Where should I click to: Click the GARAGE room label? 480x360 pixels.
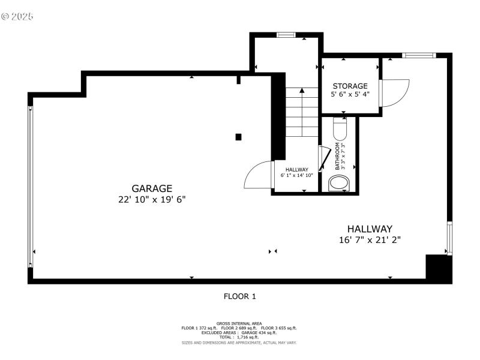coord(152,188)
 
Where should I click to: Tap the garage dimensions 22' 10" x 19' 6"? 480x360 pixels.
coord(152,199)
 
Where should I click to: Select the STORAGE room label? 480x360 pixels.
coord(350,86)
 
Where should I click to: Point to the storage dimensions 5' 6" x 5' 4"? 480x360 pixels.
coord(350,94)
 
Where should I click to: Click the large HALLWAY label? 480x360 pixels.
coord(370,229)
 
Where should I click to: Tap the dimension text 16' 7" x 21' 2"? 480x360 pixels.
coord(370,239)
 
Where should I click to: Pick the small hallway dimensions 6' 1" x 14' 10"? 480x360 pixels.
coord(296,175)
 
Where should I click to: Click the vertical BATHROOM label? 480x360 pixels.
coord(338,157)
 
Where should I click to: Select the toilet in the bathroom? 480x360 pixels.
coord(340,129)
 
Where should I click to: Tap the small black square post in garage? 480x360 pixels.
coord(238,137)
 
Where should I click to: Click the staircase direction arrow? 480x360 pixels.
coord(302,91)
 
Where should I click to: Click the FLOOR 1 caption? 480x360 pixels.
coord(239,296)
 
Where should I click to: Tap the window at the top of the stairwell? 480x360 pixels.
coord(286,35)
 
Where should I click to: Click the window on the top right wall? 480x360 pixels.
coord(418,55)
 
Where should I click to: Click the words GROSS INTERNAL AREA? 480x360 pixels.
coord(239,323)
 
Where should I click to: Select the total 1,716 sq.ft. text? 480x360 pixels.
coord(239,337)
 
